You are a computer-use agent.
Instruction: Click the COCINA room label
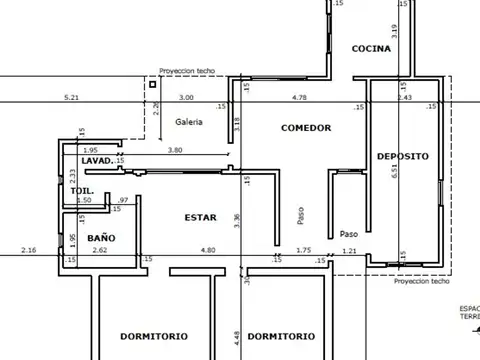[371, 49]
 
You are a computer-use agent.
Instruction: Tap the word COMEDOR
[306, 128]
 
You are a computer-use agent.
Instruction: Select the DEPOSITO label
[403, 157]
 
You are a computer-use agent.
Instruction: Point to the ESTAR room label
[200, 217]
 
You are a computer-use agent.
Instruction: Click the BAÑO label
[101, 238]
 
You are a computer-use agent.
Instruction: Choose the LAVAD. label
[96, 160]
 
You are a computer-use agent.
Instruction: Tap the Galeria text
[189, 122]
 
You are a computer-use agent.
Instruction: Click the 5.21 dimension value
[71, 98]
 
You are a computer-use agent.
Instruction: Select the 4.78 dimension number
[299, 98]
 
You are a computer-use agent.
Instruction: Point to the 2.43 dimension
[404, 98]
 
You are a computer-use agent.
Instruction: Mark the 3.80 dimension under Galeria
[174, 150]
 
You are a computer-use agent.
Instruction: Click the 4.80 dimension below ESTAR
[208, 249]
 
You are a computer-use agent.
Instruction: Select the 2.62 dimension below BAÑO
[100, 249]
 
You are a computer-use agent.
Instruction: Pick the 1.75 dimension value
[305, 249]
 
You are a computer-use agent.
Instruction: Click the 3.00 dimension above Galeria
[186, 98]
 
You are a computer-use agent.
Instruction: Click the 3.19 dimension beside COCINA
[395, 31]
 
